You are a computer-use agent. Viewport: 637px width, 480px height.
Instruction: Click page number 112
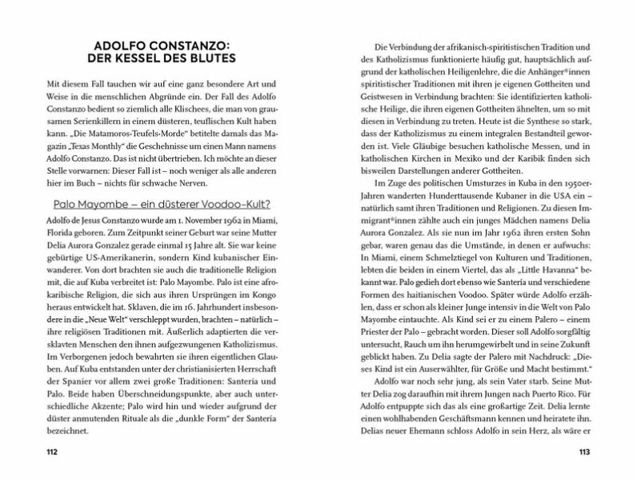(53, 454)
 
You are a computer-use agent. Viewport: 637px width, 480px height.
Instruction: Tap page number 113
(583, 454)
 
